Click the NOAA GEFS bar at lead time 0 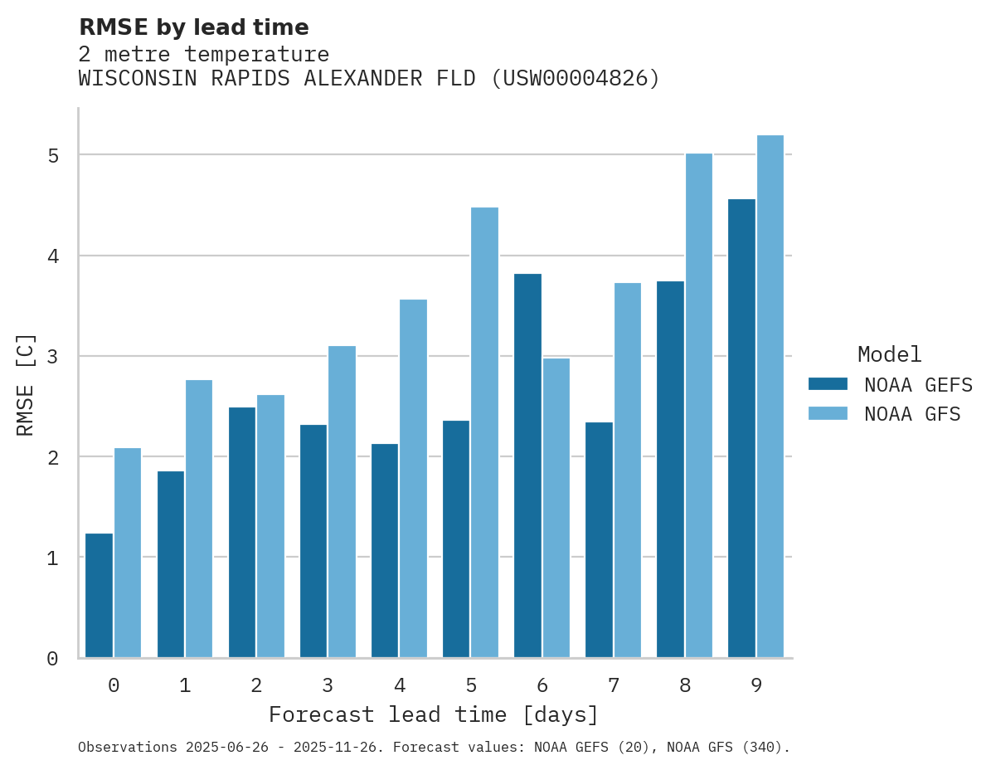tap(99, 596)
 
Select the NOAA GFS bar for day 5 tap(484, 432)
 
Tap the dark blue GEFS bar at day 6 tap(527, 465)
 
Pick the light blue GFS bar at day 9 tap(770, 397)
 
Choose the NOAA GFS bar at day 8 tap(698, 406)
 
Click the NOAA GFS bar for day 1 tap(199, 519)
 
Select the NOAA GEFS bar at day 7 tap(599, 540)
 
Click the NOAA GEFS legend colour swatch tap(828, 384)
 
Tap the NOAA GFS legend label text tap(912, 414)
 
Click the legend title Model tap(889, 355)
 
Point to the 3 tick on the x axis tap(328, 685)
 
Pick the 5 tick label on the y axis tap(52, 156)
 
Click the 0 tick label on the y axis tap(52, 659)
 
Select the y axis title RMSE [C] tap(26, 385)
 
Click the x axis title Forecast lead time tap(433, 714)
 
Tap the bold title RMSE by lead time tap(193, 27)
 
